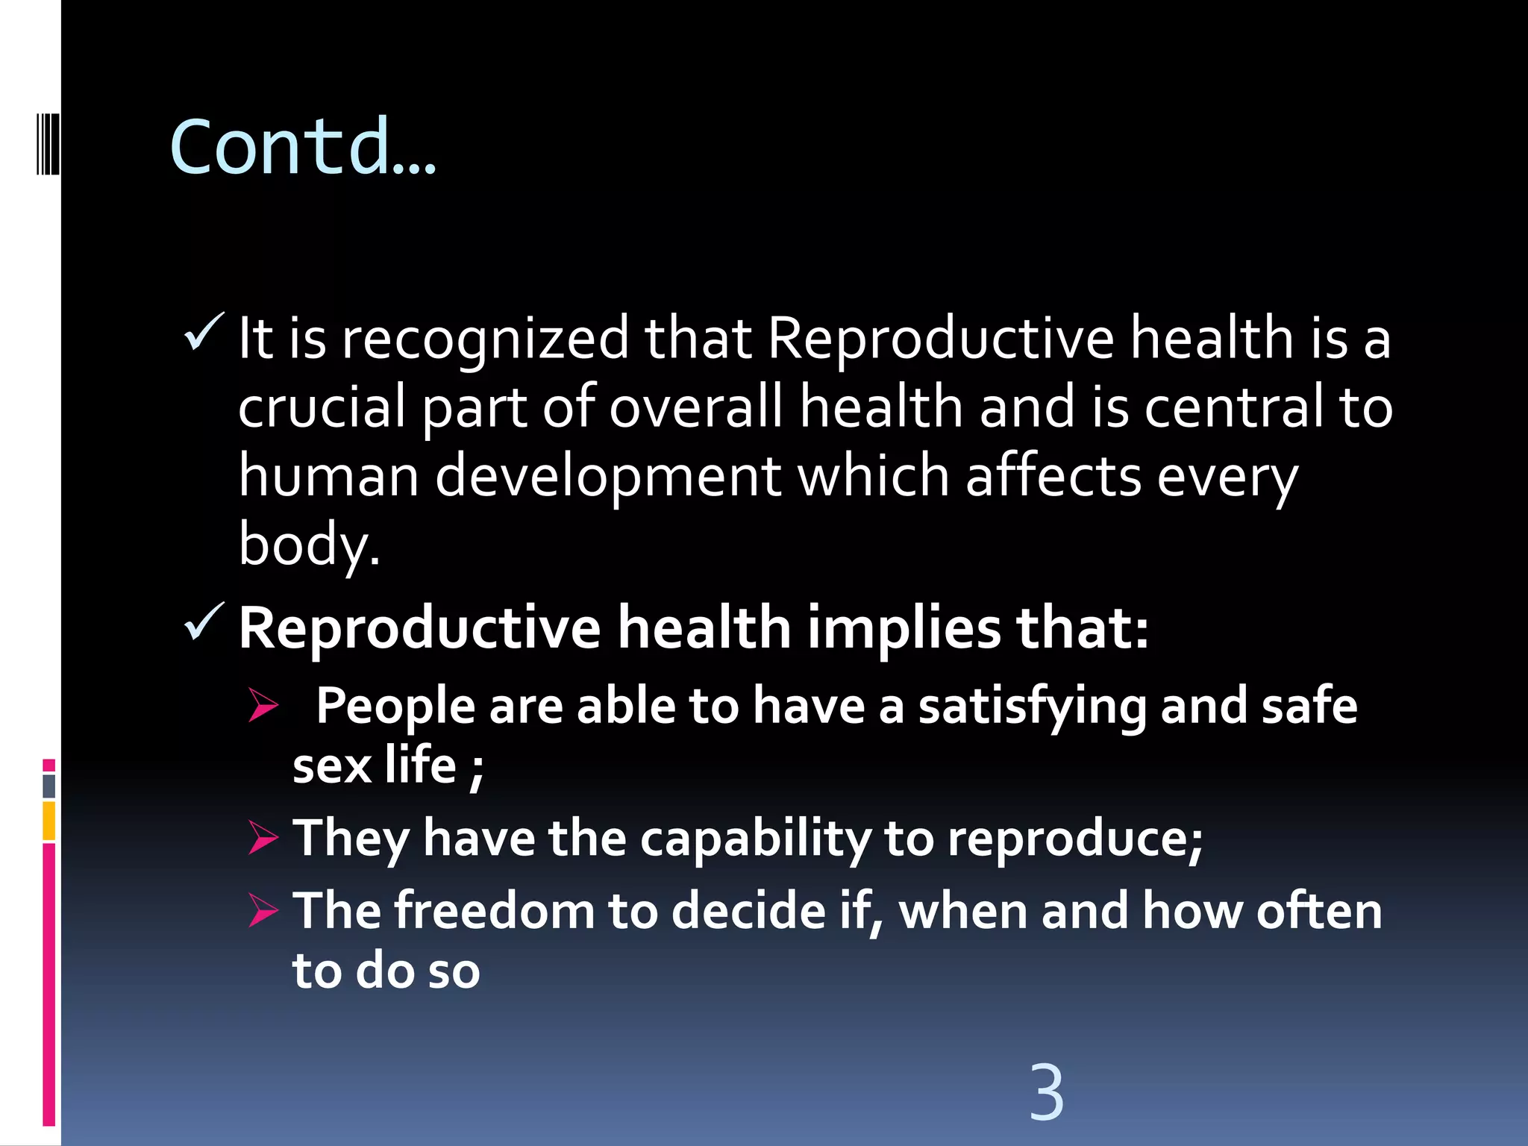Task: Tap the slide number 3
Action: pos(1046,1092)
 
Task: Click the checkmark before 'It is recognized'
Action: pos(203,332)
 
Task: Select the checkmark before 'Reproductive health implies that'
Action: pos(203,621)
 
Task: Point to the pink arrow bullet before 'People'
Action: pos(263,705)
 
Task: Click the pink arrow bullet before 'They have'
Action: pos(263,838)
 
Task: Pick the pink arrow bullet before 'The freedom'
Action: pos(263,910)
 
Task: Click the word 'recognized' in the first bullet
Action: pos(485,339)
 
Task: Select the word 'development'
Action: pos(607,477)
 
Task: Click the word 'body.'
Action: pos(309,545)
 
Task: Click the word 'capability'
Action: pos(755,839)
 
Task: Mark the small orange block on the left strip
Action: pos(49,821)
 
